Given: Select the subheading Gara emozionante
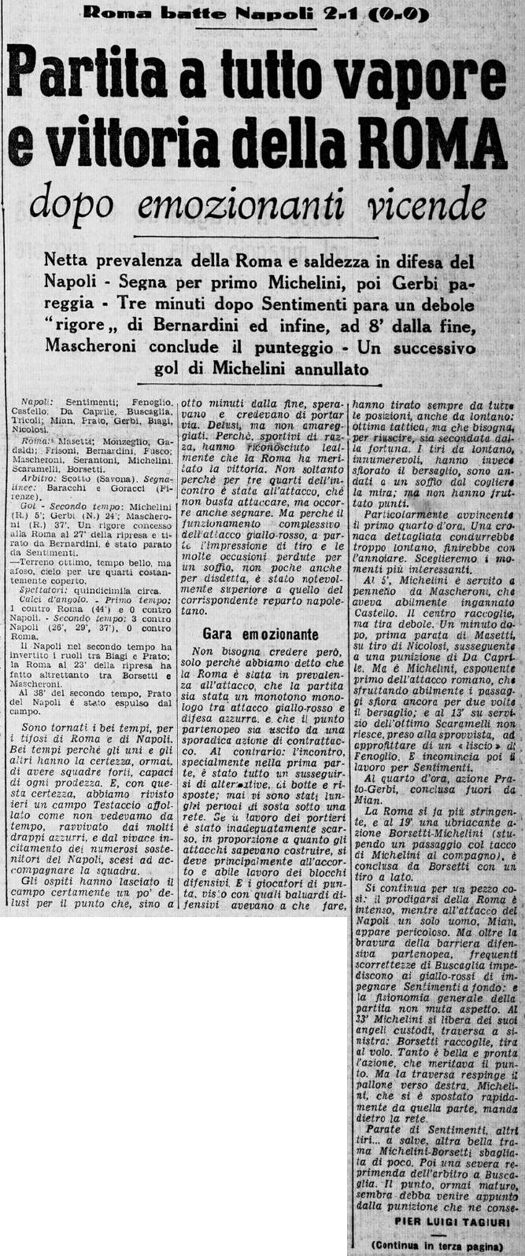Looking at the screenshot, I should click(260, 632).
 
